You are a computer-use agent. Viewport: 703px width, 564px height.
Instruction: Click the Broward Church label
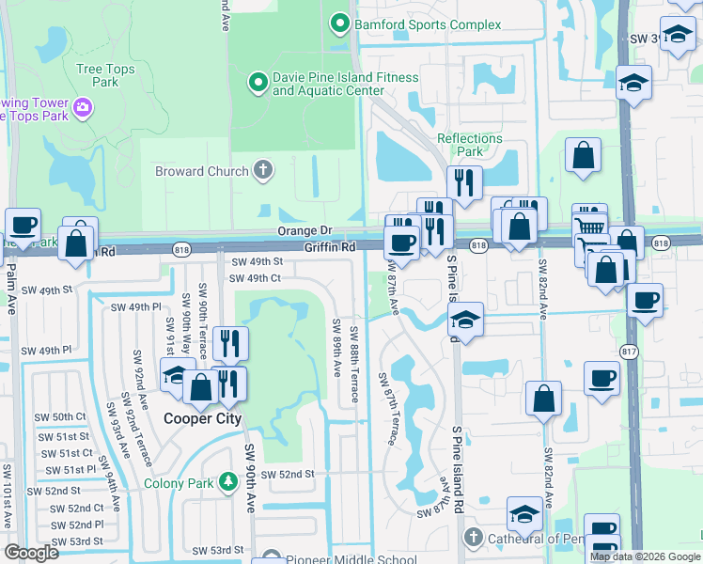(201, 171)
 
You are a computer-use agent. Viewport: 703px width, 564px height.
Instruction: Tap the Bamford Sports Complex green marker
(337, 22)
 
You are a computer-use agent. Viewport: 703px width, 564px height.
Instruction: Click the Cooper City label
(203, 419)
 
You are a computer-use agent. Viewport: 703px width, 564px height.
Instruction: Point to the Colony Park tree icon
(227, 483)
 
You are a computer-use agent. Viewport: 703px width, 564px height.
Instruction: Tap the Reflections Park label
(470, 145)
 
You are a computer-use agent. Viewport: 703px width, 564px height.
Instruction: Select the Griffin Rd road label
(329, 247)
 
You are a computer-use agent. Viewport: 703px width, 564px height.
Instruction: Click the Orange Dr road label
(305, 230)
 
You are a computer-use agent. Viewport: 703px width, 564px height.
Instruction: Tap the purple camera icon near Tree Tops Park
(83, 107)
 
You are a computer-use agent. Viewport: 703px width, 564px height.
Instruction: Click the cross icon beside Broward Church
(264, 171)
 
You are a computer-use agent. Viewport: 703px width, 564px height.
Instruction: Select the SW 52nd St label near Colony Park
(287, 475)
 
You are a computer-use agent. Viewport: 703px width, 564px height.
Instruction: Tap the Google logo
(32, 552)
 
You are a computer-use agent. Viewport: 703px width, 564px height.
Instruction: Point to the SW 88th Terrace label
(354, 365)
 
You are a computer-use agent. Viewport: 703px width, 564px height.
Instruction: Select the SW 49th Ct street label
(255, 278)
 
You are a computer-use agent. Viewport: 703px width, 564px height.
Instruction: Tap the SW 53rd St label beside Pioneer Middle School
(227, 550)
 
